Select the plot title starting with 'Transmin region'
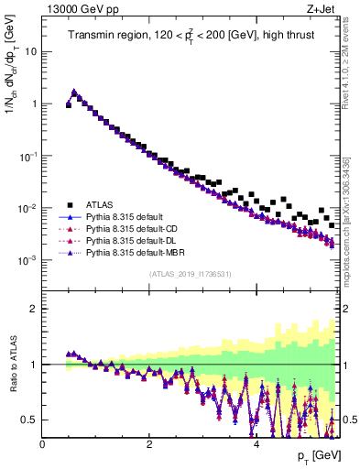pos(191,36)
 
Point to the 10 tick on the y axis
pos(31,51)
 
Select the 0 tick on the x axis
pos(42,443)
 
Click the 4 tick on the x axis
pos(256,443)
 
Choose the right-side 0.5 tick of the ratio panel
pos(344,420)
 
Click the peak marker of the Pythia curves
pos(73,92)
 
